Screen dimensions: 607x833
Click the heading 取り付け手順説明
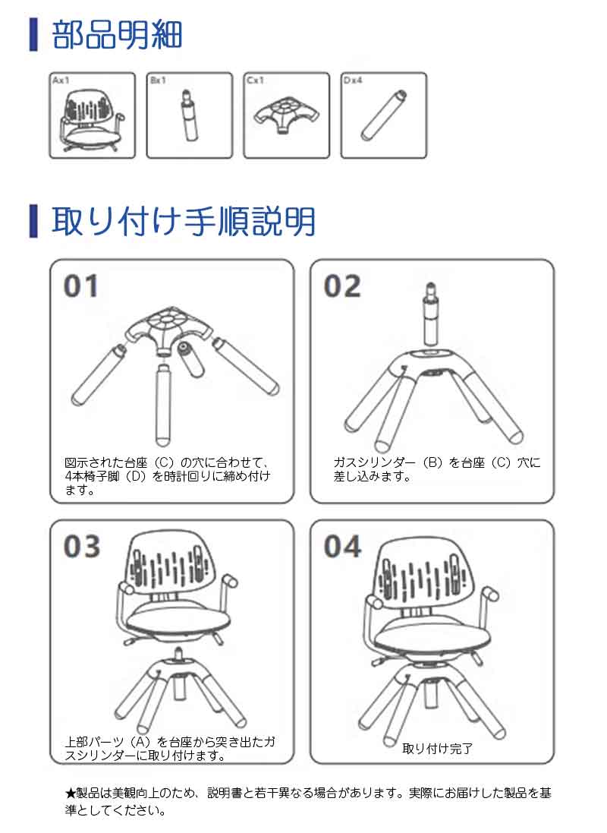[x=184, y=221]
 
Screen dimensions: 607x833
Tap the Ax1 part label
[x=61, y=80]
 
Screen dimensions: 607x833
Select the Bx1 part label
[x=158, y=80]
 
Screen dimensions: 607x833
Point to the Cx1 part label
[x=255, y=80]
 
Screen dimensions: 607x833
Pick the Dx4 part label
[x=353, y=80]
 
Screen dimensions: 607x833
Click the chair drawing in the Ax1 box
[x=92, y=120]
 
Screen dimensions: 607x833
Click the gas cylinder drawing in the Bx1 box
[x=189, y=115]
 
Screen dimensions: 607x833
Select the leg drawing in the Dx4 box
[x=383, y=115]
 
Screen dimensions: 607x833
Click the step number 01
[x=80, y=286]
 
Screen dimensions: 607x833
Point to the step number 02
[x=342, y=286]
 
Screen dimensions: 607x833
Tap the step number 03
[x=82, y=547]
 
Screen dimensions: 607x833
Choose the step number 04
[x=343, y=547]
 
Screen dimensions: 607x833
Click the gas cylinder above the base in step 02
[x=431, y=314]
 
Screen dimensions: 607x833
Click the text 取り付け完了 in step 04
[x=437, y=749]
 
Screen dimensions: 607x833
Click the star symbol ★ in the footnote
[x=70, y=794]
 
